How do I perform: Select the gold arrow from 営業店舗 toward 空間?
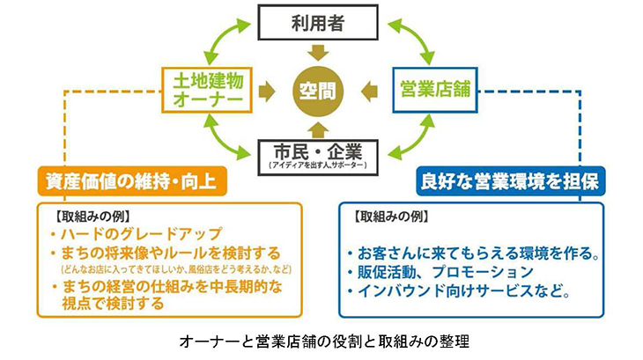pos(370,88)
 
